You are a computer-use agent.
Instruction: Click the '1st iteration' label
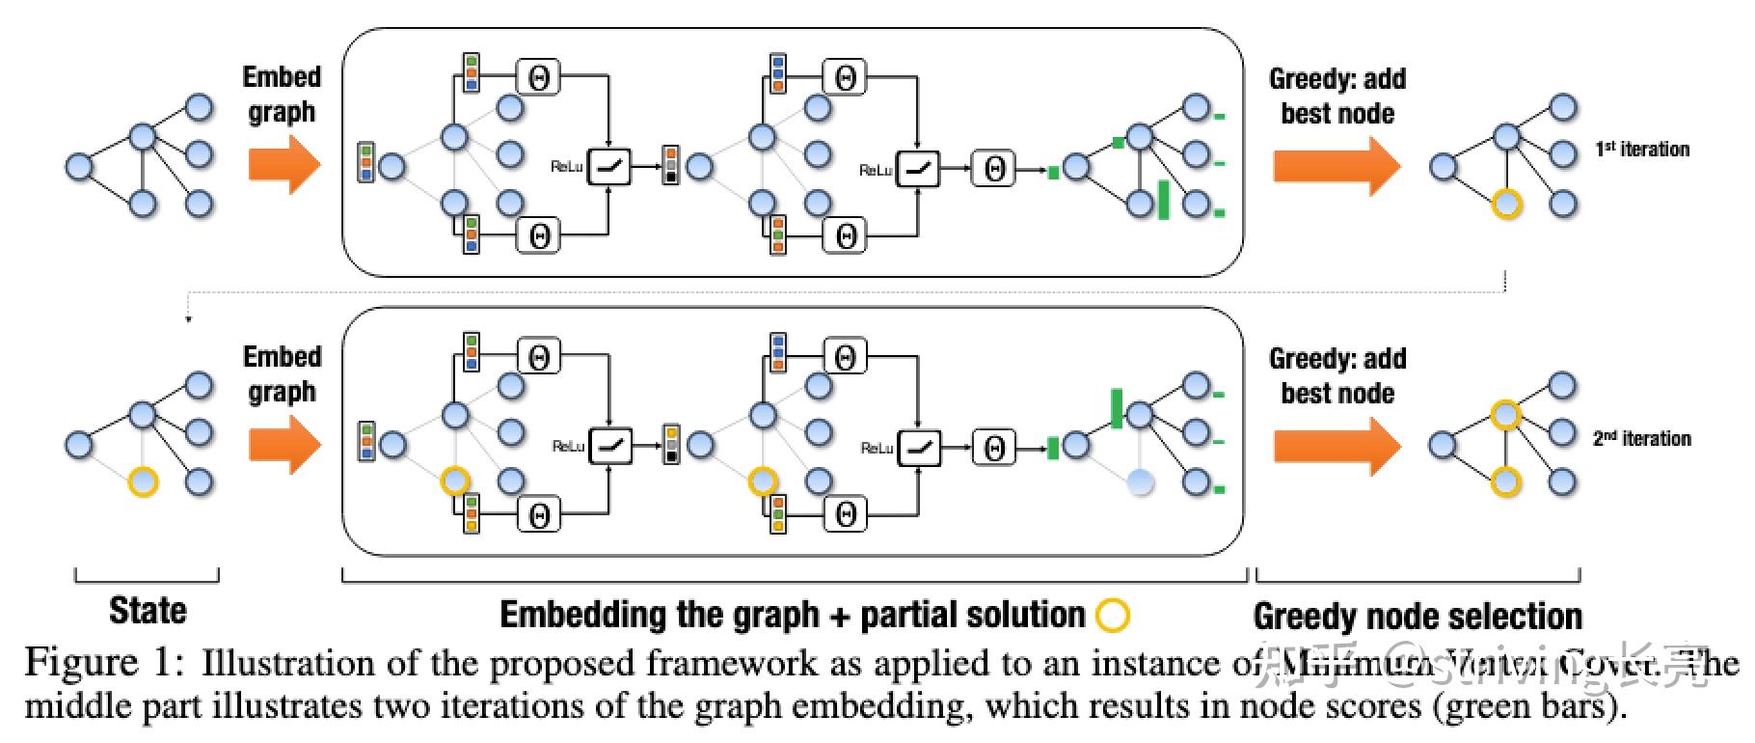coord(1642,150)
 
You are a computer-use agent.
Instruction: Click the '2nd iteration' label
coord(1642,438)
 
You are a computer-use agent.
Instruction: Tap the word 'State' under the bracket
coord(148,611)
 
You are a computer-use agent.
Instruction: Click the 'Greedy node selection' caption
coord(1417,616)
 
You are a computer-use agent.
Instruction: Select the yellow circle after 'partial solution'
coord(1113,615)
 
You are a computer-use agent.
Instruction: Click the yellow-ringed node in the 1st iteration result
coord(1506,205)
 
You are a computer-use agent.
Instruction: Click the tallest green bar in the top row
coord(1163,199)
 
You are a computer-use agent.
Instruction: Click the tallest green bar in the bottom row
coord(1117,408)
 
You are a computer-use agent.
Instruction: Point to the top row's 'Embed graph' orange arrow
coord(283,165)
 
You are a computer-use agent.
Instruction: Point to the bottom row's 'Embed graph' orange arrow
coord(283,445)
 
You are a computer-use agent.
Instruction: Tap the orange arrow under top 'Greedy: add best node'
coord(1336,165)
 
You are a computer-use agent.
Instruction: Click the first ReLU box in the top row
coord(609,167)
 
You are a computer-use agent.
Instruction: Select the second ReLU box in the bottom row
coord(918,447)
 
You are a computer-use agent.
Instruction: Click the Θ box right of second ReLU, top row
coord(994,169)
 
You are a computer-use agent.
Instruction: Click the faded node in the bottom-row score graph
coord(1140,482)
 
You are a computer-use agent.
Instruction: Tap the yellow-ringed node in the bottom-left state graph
coord(143,482)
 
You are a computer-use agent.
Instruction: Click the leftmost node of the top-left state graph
coord(79,166)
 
